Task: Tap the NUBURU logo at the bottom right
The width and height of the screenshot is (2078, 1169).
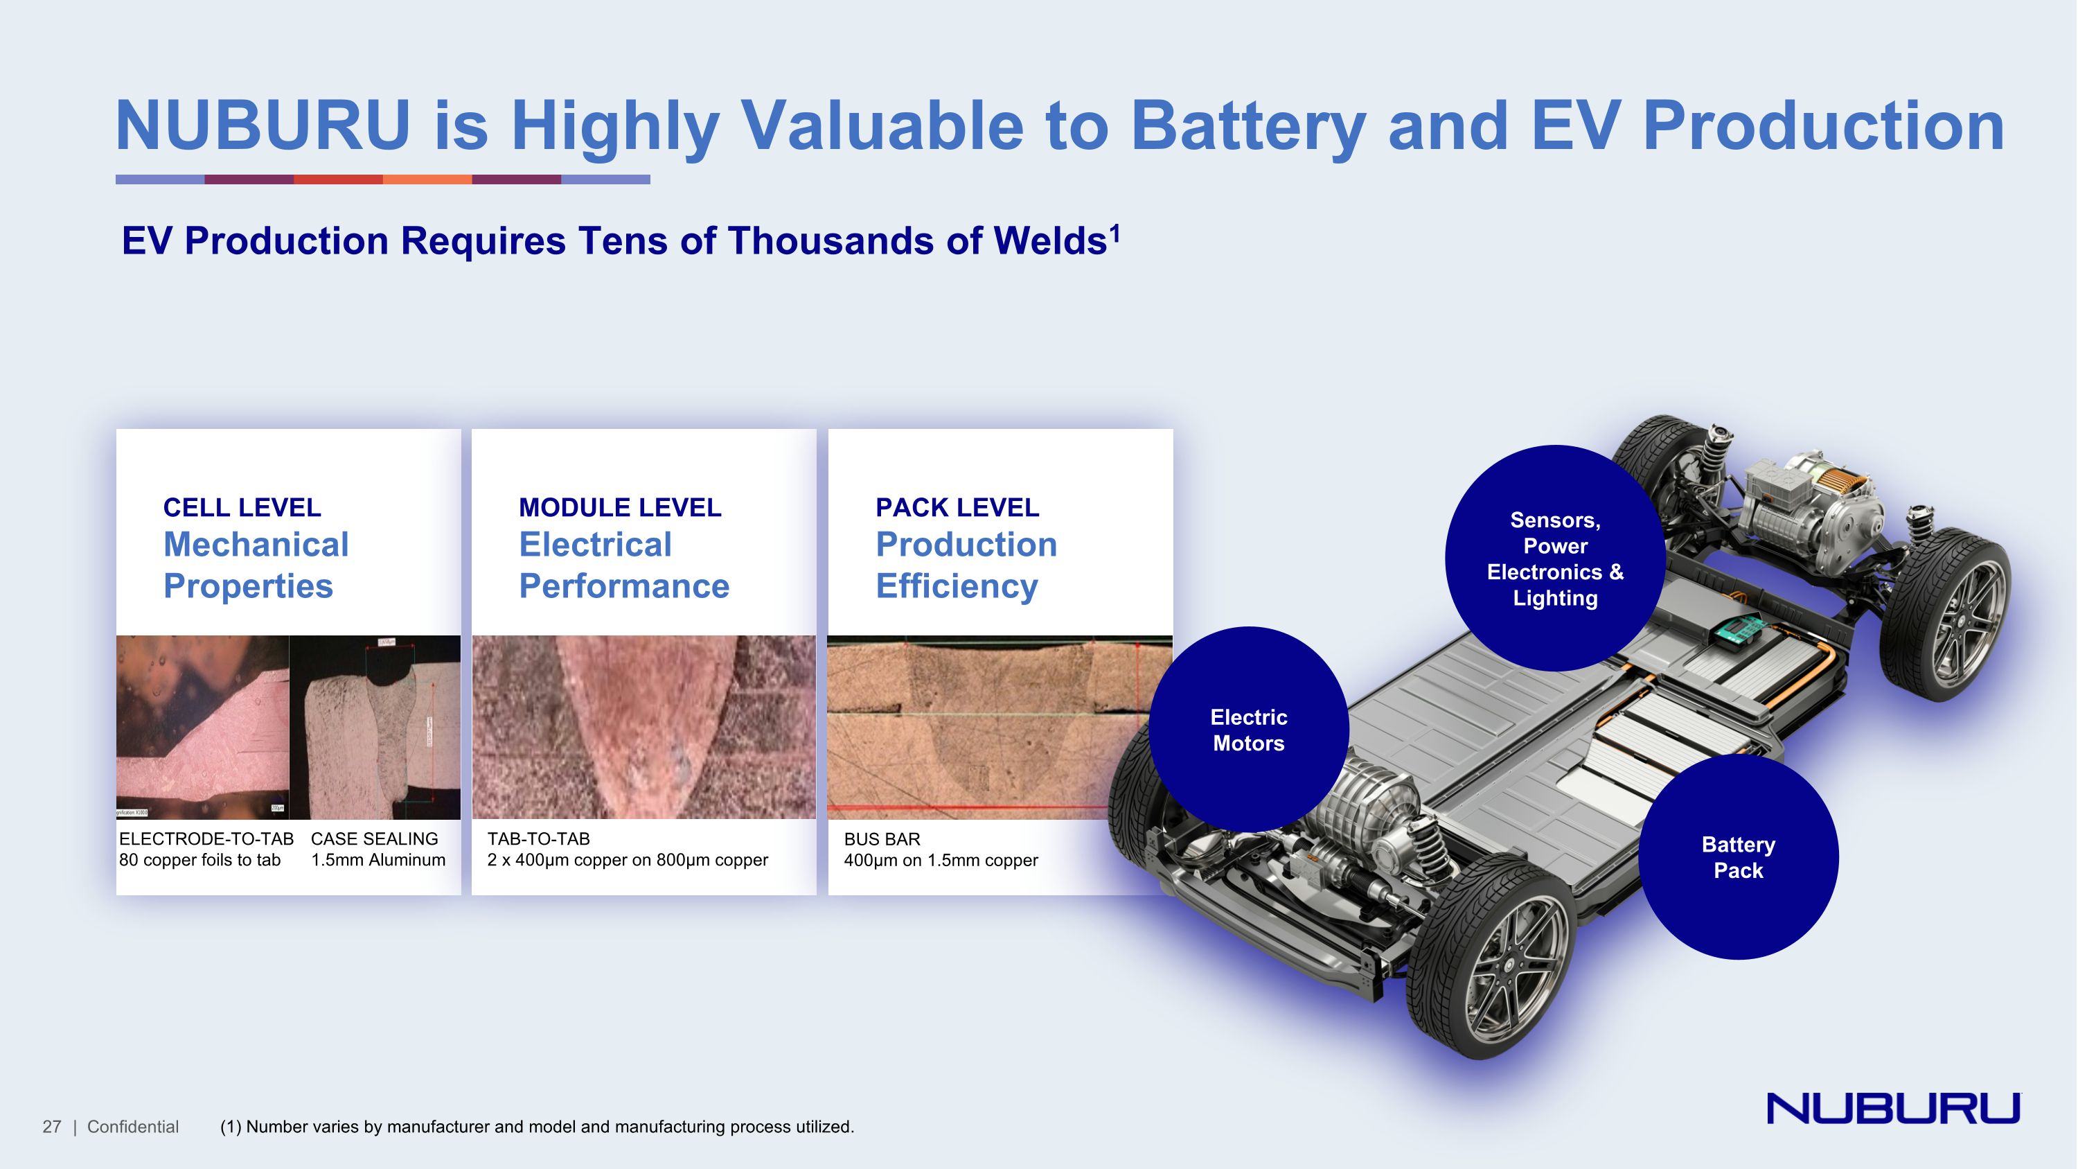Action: point(1892,1109)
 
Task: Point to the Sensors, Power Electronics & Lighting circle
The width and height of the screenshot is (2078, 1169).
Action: point(1554,559)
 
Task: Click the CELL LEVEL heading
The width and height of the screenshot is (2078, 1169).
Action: point(242,507)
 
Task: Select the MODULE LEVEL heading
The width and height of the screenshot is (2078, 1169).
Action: point(619,507)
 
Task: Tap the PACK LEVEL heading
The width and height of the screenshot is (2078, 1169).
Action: point(957,507)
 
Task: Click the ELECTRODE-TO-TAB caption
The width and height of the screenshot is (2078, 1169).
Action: point(206,839)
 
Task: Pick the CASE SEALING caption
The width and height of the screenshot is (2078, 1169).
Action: point(374,839)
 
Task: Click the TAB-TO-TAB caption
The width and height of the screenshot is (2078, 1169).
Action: point(538,839)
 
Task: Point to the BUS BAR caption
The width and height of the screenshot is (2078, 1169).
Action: point(882,839)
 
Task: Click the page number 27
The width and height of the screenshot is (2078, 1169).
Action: point(52,1127)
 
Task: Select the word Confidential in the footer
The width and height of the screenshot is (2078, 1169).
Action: point(133,1127)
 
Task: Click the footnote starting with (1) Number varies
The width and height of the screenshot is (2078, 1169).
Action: point(536,1127)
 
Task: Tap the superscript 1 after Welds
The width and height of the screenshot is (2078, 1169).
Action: point(1115,232)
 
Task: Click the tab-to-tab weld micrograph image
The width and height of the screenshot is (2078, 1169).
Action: point(643,727)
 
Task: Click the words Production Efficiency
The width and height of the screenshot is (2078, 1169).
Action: point(966,565)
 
